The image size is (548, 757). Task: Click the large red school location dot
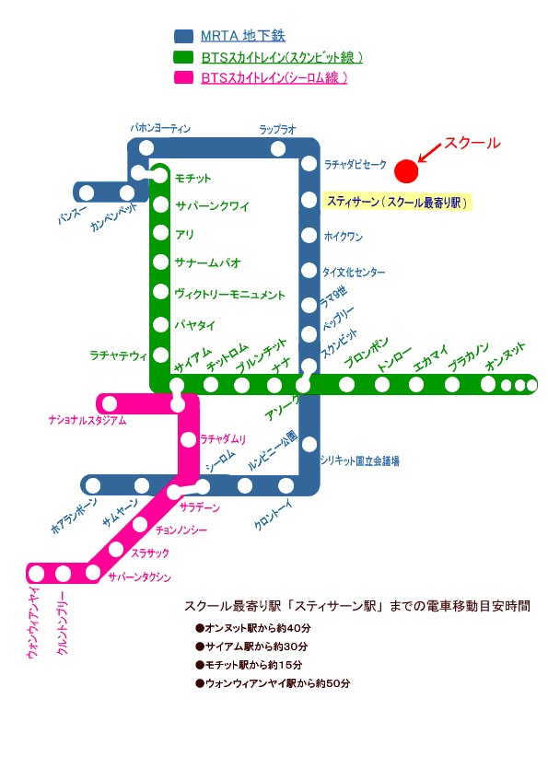(x=406, y=171)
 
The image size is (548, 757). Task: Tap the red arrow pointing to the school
(x=430, y=153)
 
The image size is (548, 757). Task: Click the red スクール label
(x=472, y=143)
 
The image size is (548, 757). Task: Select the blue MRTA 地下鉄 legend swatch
(x=183, y=36)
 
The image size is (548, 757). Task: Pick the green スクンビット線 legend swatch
(x=183, y=57)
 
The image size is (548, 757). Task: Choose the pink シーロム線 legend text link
(x=274, y=78)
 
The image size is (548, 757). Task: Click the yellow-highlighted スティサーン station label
(x=397, y=202)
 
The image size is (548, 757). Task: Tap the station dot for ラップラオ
(x=278, y=148)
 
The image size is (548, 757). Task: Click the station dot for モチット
(x=160, y=176)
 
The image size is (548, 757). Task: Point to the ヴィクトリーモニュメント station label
(x=230, y=295)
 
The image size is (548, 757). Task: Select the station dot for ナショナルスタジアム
(x=110, y=403)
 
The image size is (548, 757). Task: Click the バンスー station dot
(x=87, y=192)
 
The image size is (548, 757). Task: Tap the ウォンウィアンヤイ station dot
(x=37, y=574)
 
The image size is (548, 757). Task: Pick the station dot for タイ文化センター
(x=309, y=271)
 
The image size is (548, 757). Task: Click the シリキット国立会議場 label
(x=360, y=461)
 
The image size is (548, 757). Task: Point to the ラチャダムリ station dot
(x=188, y=440)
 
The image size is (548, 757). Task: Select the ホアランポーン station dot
(x=93, y=485)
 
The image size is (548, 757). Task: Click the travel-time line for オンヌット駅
(x=253, y=628)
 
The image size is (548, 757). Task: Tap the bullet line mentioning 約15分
(x=249, y=665)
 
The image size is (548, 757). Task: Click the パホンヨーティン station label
(x=160, y=128)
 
